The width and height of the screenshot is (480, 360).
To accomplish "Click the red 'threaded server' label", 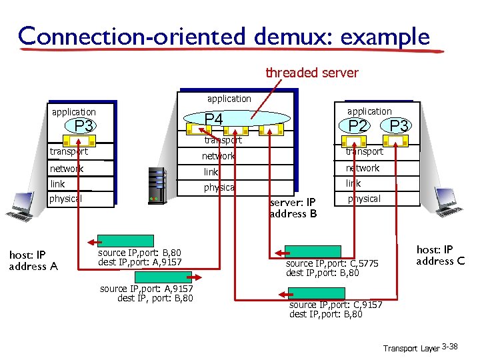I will pyautogui.click(x=311, y=73).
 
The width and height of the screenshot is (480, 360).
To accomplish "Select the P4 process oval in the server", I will pyautogui.click(x=213, y=120).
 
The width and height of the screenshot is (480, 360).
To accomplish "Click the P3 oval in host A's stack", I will pyautogui.click(x=83, y=127).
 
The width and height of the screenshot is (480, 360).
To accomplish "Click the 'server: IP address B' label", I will pyautogui.click(x=293, y=208).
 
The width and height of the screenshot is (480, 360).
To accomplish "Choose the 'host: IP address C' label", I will pyautogui.click(x=440, y=255).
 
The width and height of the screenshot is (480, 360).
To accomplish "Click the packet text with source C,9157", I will pyautogui.click(x=335, y=309).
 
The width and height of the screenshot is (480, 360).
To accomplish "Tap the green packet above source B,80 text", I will pyautogui.click(x=117, y=241).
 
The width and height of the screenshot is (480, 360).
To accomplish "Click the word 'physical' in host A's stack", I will pyautogui.click(x=65, y=199).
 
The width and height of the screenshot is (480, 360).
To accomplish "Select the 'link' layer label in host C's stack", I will pyautogui.click(x=353, y=183).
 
